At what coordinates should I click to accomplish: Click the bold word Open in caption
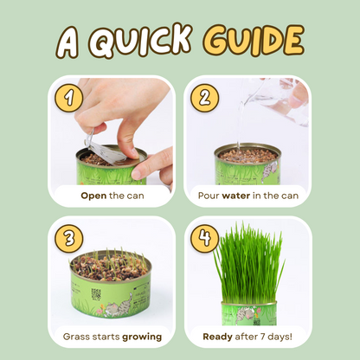click(93, 196)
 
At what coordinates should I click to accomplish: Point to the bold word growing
click(138, 335)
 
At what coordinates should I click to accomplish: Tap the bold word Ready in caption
click(219, 335)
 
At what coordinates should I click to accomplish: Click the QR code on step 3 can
click(95, 294)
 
